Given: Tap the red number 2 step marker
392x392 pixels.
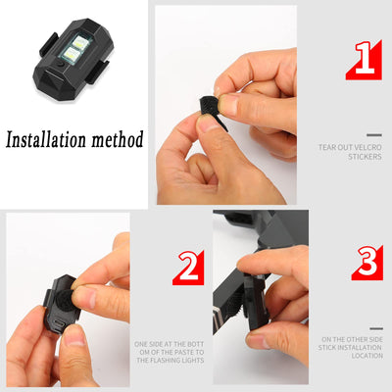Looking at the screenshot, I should point(188,267).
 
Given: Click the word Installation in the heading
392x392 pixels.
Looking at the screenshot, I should point(49,139).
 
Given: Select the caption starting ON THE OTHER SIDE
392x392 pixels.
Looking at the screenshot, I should point(350,347).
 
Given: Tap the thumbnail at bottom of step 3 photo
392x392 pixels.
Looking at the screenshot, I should point(258,338).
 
